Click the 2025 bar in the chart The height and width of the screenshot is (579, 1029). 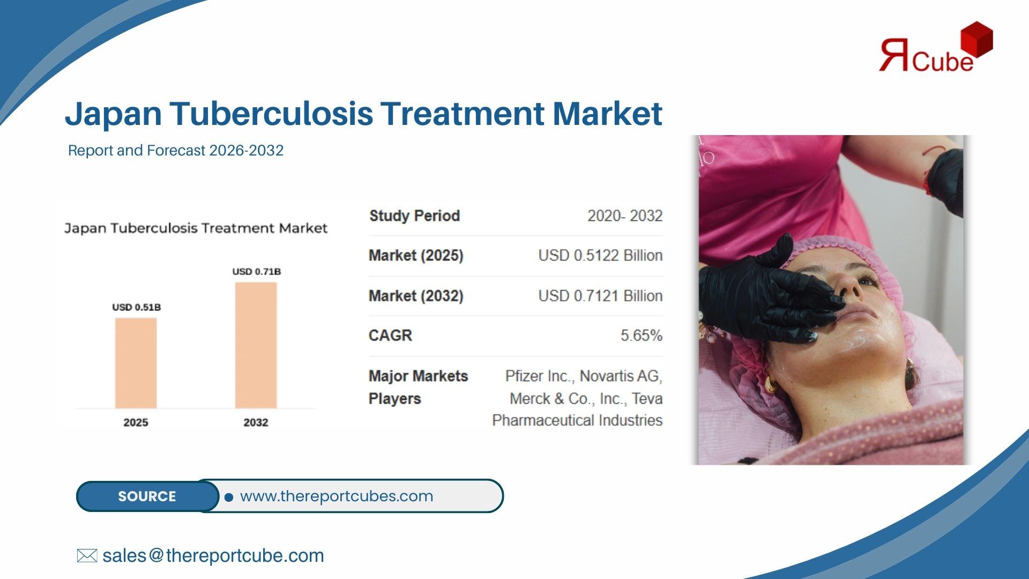pyautogui.click(x=136, y=363)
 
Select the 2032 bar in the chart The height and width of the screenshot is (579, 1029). pyautogui.click(x=256, y=345)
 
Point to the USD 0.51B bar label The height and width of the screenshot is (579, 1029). pyautogui.click(x=137, y=307)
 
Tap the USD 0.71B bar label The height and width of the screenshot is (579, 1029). pyautogui.click(x=257, y=271)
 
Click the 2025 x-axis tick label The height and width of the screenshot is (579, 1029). pyautogui.click(x=136, y=422)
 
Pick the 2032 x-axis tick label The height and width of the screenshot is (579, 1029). pyautogui.click(x=256, y=422)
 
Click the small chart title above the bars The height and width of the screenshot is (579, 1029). pyautogui.click(x=196, y=228)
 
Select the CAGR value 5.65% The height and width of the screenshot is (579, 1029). pyautogui.click(x=642, y=336)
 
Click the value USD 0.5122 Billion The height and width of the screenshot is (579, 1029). pyautogui.click(x=600, y=255)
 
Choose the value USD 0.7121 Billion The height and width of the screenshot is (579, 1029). pyautogui.click(x=600, y=296)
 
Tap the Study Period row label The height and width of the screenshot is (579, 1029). pyautogui.click(x=415, y=216)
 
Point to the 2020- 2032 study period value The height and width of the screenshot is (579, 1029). pyautogui.click(x=625, y=216)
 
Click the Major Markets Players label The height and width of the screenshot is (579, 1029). pyautogui.click(x=418, y=387)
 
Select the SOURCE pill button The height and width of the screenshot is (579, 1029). pyautogui.click(x=147, y=496)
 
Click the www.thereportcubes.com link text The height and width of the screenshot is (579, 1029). pyautogui.click(x=337, y=496)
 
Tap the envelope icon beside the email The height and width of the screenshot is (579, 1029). pyautogui.click(x=87, y=556)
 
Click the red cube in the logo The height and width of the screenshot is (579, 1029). pyautogui.click(x=976, y=40)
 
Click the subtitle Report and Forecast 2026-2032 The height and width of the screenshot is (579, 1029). pyautogui.click(x=176, y=150)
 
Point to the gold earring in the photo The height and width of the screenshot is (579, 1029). pyautogui.click(x=771, y=384)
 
